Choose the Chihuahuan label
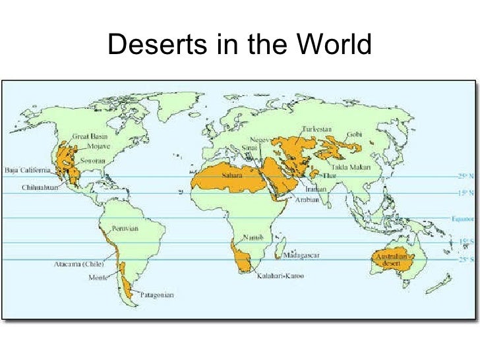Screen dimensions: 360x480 37,187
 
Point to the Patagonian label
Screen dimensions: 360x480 158,296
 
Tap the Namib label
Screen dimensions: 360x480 251,237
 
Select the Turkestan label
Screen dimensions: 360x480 317,129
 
